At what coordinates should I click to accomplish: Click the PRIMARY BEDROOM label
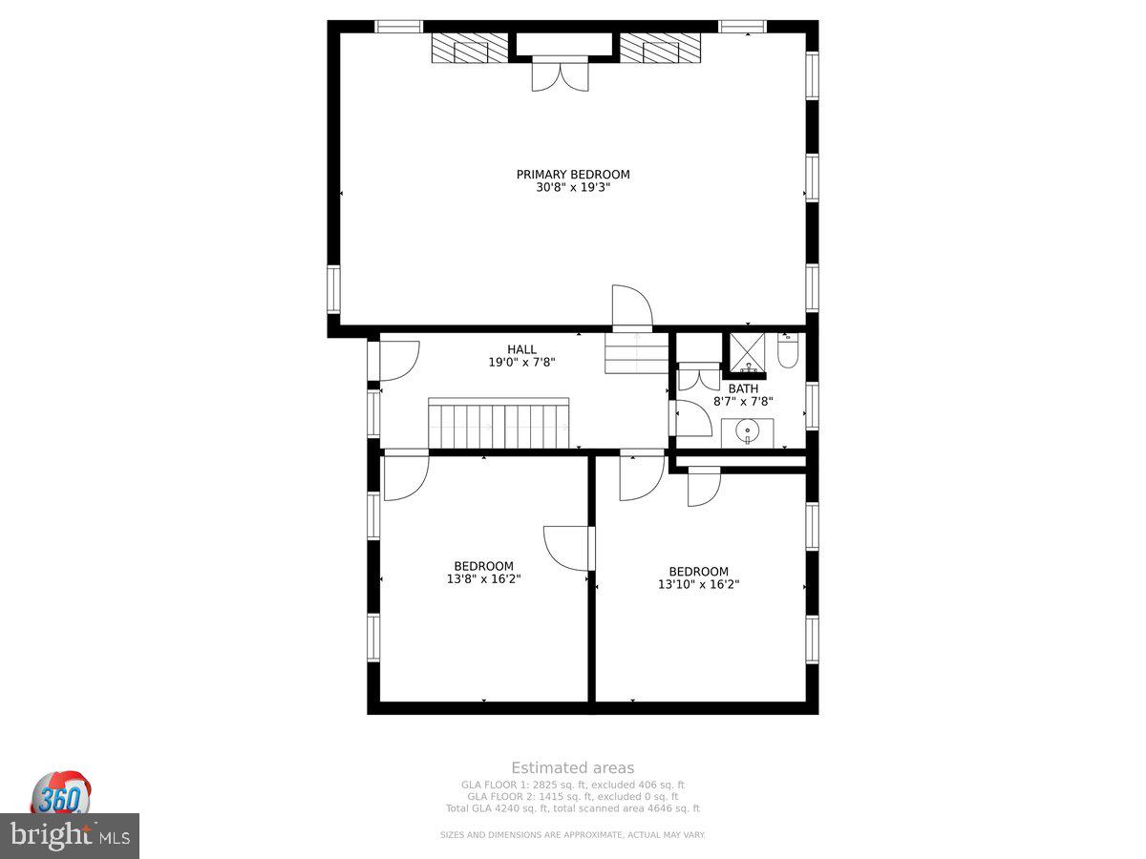pos(573,175)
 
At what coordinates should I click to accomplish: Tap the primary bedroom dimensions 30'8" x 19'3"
pos(573,188)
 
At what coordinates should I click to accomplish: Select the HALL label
pos(521,349)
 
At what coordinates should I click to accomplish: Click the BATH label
pos(743,388)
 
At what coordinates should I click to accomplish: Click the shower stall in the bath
pos(747,352)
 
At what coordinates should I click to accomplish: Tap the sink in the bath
pos(747,432)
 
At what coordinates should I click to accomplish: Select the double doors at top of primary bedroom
pos(561,74)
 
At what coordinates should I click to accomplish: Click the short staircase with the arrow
pos(636,352)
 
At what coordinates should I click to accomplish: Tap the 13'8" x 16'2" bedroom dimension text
pos(483,578)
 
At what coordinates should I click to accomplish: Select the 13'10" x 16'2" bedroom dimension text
pos(698,584)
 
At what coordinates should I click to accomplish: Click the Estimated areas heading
pos(572,767)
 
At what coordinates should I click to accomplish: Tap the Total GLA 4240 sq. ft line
pos(572,808)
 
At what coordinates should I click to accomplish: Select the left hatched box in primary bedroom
pos(469,48)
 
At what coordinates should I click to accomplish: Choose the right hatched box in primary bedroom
pos(660,48)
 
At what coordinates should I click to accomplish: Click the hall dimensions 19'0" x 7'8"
pos(521,363)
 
